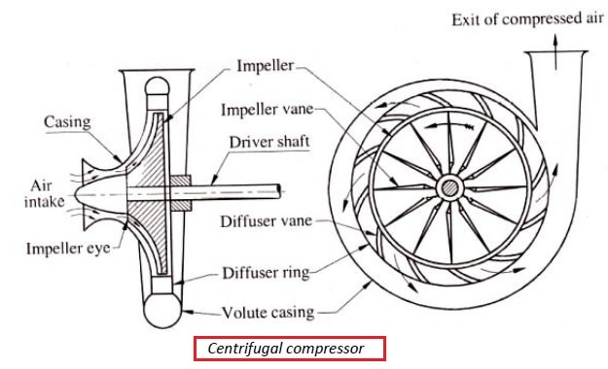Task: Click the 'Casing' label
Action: coord(67,122)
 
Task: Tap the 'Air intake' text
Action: coord(44,193)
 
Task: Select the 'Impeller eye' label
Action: coord(68,249)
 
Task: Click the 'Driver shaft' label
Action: coord(269,142)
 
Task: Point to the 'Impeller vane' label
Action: coord(267,110)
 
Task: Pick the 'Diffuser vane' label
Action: coord(266,221)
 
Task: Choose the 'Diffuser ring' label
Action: coord(266,273)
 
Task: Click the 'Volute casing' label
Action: coord(268,312)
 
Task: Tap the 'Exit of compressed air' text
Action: coord(527,19)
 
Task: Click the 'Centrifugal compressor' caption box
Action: coord(290,349)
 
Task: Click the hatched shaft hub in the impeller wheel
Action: coord(450,189)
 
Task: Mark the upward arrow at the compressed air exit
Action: coord(555,51)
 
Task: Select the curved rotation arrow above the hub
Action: coord(449,124)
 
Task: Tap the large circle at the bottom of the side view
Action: coord(162,310)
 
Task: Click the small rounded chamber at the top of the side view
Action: coord(157,86)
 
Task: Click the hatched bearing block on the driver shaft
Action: coord(180,193)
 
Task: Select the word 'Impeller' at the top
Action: coord(266,65)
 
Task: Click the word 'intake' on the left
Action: coord(44,202)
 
